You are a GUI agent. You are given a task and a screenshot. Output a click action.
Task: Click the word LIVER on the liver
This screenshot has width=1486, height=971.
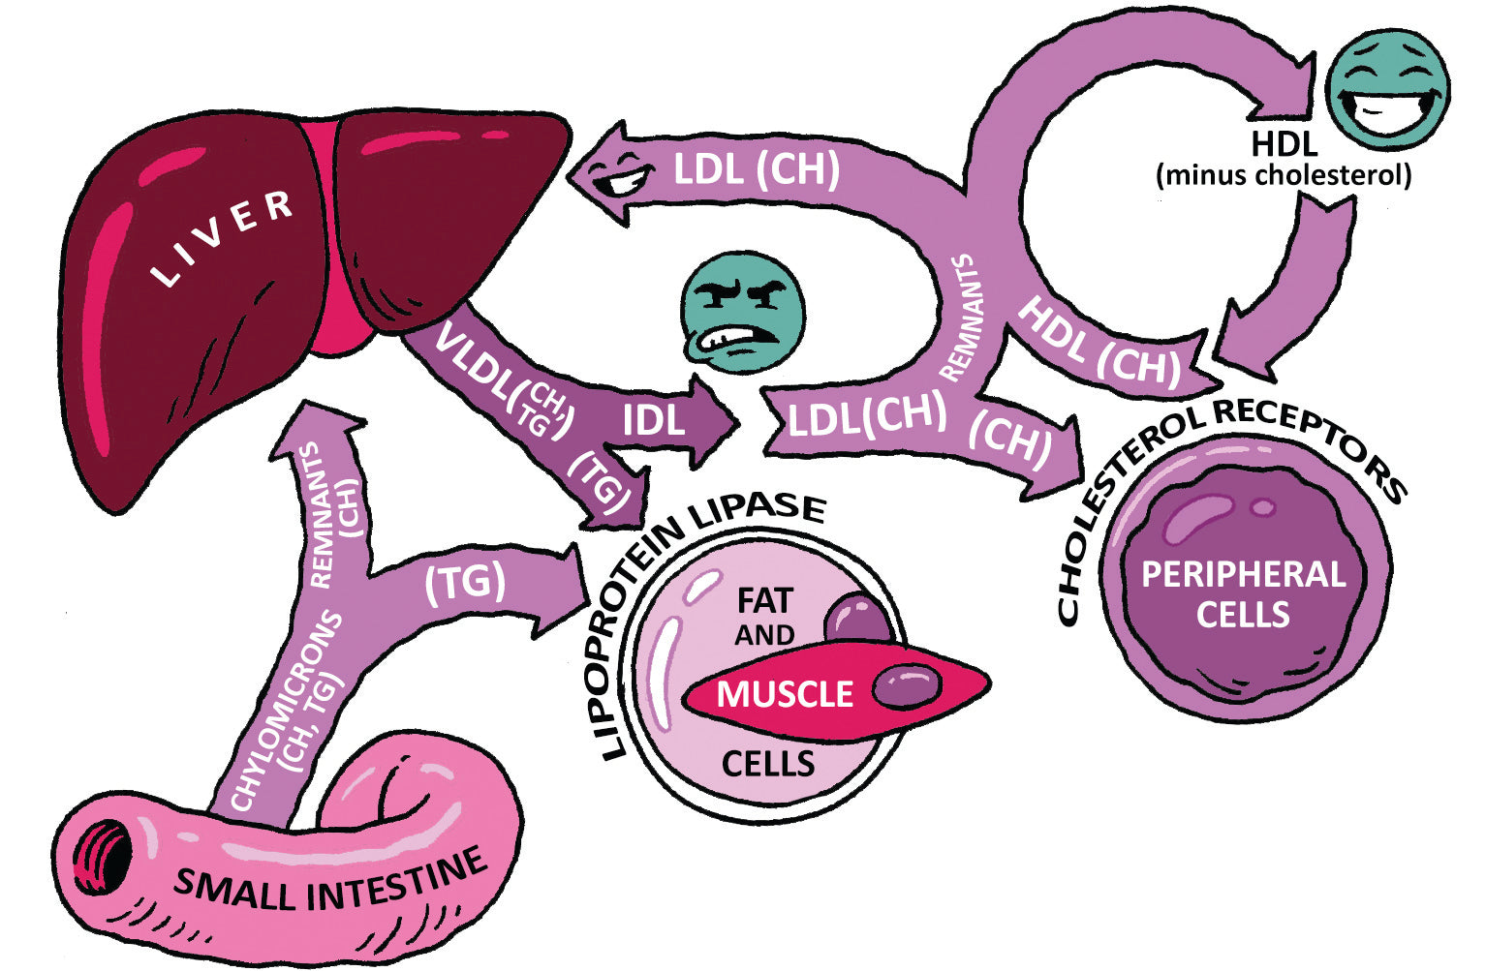click(224, 238)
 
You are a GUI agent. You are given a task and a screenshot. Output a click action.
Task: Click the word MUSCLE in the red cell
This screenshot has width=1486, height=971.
click(785, 694)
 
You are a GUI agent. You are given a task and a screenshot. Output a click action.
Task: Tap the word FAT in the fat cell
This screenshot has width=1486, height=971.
click(764, 600)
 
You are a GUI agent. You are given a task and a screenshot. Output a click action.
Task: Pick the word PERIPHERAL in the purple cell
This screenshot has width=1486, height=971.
click(1243, 575)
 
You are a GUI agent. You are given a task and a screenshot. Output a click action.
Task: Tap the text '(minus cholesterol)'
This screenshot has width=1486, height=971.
click(1284, 176)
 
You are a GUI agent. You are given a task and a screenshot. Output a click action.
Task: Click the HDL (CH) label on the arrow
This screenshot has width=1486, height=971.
click(1099, 343)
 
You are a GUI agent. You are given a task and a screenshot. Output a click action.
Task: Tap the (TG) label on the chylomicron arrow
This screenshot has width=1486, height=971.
click(465, 583)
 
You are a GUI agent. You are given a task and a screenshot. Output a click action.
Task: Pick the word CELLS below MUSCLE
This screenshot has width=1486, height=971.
click(768, 764)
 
